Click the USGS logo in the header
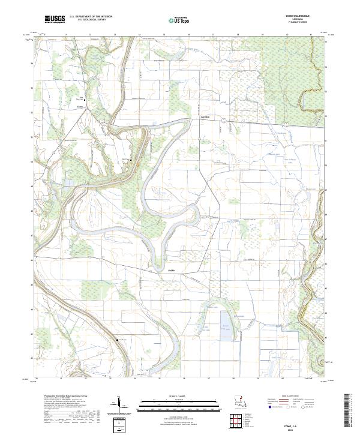point(54,19)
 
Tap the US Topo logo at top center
point(175,19)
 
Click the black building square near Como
point(84,100)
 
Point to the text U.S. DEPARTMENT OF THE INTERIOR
point(91,17)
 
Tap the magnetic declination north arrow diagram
point(117,406)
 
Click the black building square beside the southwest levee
point(117,340)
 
